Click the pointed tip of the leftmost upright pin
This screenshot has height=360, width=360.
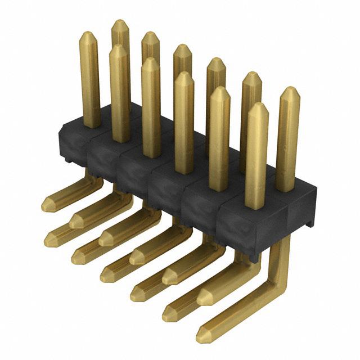coord(88,33)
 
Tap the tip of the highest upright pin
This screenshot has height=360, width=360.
coord(120,21)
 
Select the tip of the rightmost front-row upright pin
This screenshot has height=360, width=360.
coord(257,105)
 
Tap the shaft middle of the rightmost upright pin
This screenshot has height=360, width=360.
coord(287,141)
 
